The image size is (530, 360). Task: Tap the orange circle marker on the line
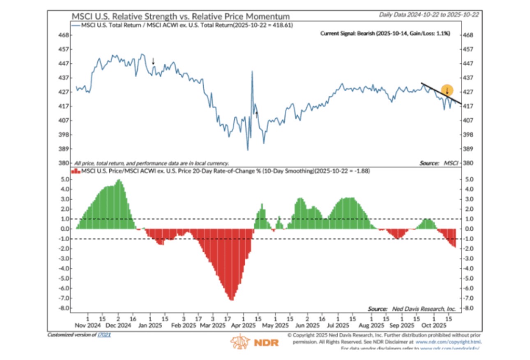[447, 90]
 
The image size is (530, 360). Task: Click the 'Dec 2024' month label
[118, 325]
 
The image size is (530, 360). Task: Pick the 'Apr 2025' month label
[244, 325]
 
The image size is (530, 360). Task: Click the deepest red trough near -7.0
[231, 299]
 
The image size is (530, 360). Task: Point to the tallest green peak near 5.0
[119, 181]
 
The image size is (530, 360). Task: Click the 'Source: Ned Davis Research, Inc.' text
[411, 308]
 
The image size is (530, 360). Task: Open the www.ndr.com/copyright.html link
[448, 342]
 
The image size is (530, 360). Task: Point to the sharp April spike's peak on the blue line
[252, 72]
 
